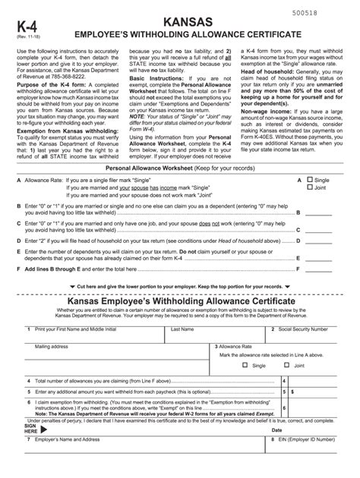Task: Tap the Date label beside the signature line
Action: [276, 430]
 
